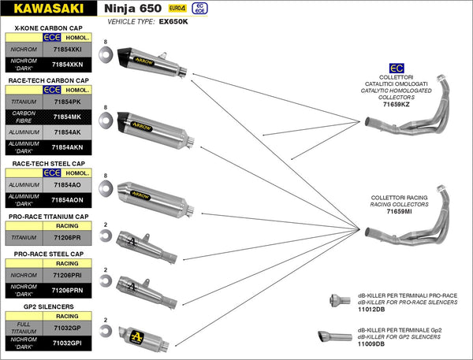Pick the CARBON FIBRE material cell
(x=23, y=117)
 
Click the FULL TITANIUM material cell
(x=23, y=327)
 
